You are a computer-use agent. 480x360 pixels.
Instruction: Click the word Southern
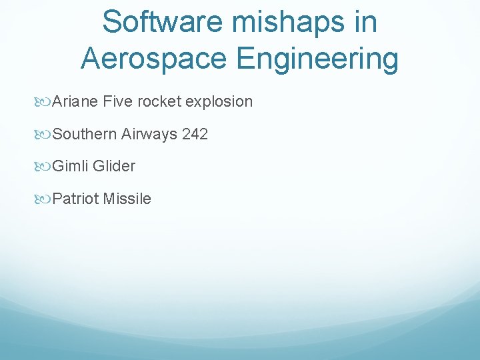85,134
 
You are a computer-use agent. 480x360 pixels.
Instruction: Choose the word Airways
149,134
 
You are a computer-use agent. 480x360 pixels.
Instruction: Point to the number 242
195,134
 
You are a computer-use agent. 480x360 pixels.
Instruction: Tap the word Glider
114,166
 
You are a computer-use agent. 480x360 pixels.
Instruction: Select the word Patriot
75,199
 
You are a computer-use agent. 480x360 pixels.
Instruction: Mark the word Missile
127,199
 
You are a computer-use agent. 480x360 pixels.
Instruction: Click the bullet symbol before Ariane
45,102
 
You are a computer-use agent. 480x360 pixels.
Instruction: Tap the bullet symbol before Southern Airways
45,134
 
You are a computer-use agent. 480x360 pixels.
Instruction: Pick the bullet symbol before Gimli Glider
45,166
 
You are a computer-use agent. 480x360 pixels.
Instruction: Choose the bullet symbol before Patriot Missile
45,199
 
